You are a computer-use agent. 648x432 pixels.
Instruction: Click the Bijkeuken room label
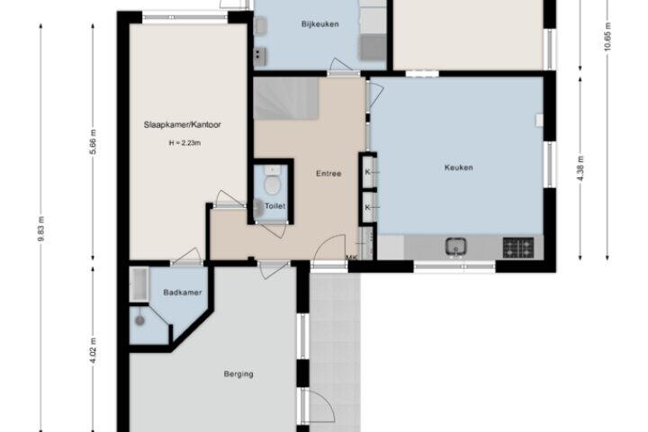[x=319, y=24]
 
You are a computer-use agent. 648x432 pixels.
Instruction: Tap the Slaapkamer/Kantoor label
[x=182, y=124]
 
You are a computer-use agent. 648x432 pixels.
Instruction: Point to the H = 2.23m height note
[x=184, y=143]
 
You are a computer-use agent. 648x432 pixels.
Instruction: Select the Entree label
[x=328, y=174]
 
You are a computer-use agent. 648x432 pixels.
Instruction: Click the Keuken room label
[x=458, y=167]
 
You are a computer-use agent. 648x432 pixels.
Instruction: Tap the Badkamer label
[x=182, y=292]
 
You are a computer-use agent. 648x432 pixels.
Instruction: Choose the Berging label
[x=238, y=373]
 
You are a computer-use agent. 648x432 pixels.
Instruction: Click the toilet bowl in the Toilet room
[x=272, y=184]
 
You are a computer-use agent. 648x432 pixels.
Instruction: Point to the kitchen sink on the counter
[x=455, y=247]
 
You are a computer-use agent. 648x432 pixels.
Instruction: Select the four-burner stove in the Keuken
[x=518, y=247]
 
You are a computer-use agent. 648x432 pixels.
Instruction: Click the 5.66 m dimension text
[x=93, y=142]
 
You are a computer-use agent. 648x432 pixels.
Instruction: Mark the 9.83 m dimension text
[x=40, y=229]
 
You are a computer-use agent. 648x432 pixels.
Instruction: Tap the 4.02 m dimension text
[x=93, y=350]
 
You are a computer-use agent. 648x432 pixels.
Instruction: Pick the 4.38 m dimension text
[x=580, y=167]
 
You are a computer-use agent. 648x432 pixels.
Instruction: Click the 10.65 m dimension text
[x=607, y=36]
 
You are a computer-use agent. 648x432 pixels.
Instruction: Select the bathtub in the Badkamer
[x=139, y=284]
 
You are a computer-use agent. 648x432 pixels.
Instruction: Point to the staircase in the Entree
[x=286, y=98]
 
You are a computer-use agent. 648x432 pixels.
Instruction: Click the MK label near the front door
[x=351, y=257]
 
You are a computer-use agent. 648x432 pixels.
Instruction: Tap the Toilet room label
[x=274, y=206]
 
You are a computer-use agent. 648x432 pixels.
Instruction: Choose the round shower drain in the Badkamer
[x=140, y=320]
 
